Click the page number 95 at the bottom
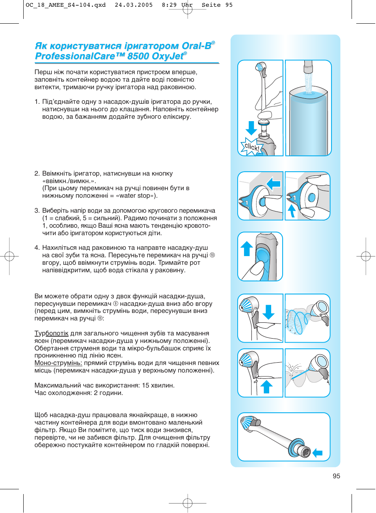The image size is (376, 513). coord(336,476)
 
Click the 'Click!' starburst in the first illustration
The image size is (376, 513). coord(251,147)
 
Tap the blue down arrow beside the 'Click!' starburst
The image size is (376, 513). coord(251,128)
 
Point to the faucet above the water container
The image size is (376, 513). coord(308,67)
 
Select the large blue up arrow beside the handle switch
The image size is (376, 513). coord(247,249)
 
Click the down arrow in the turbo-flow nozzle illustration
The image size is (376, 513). coord(268,312)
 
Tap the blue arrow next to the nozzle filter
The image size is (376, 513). coord(318,453)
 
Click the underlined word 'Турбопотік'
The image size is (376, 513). coord(51,333)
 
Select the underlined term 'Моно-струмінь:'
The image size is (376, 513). coord(58,363)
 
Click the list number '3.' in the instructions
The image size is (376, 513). coord(37,211)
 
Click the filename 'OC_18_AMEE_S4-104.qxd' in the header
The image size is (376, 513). coord(65,5)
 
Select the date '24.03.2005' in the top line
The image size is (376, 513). coord(134,5)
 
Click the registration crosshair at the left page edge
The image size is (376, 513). coord(9,256)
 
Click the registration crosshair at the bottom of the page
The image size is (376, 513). coord(188,503)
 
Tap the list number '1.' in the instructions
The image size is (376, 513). coord(37,102)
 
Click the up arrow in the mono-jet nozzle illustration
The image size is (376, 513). coord(267,386)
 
